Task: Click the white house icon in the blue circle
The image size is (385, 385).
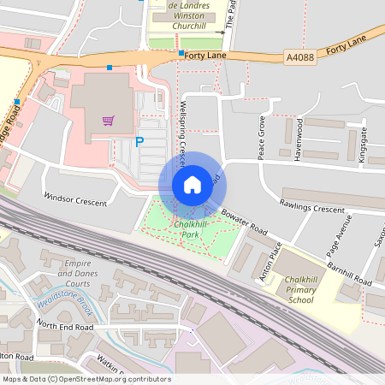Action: [x=192, y=184]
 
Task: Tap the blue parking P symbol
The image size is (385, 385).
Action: [x=139, y=143]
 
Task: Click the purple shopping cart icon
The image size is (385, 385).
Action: [x=108, y=121]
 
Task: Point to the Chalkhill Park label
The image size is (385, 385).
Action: [x=192, y=229]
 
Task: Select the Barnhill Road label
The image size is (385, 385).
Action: [x=349, y=275]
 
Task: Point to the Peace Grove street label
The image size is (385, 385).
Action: [x=263, y=137]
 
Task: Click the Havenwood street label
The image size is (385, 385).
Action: [x=299, y=136]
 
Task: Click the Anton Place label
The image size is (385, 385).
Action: [x=269, y=262]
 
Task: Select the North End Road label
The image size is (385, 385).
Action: [x=64, y=327]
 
